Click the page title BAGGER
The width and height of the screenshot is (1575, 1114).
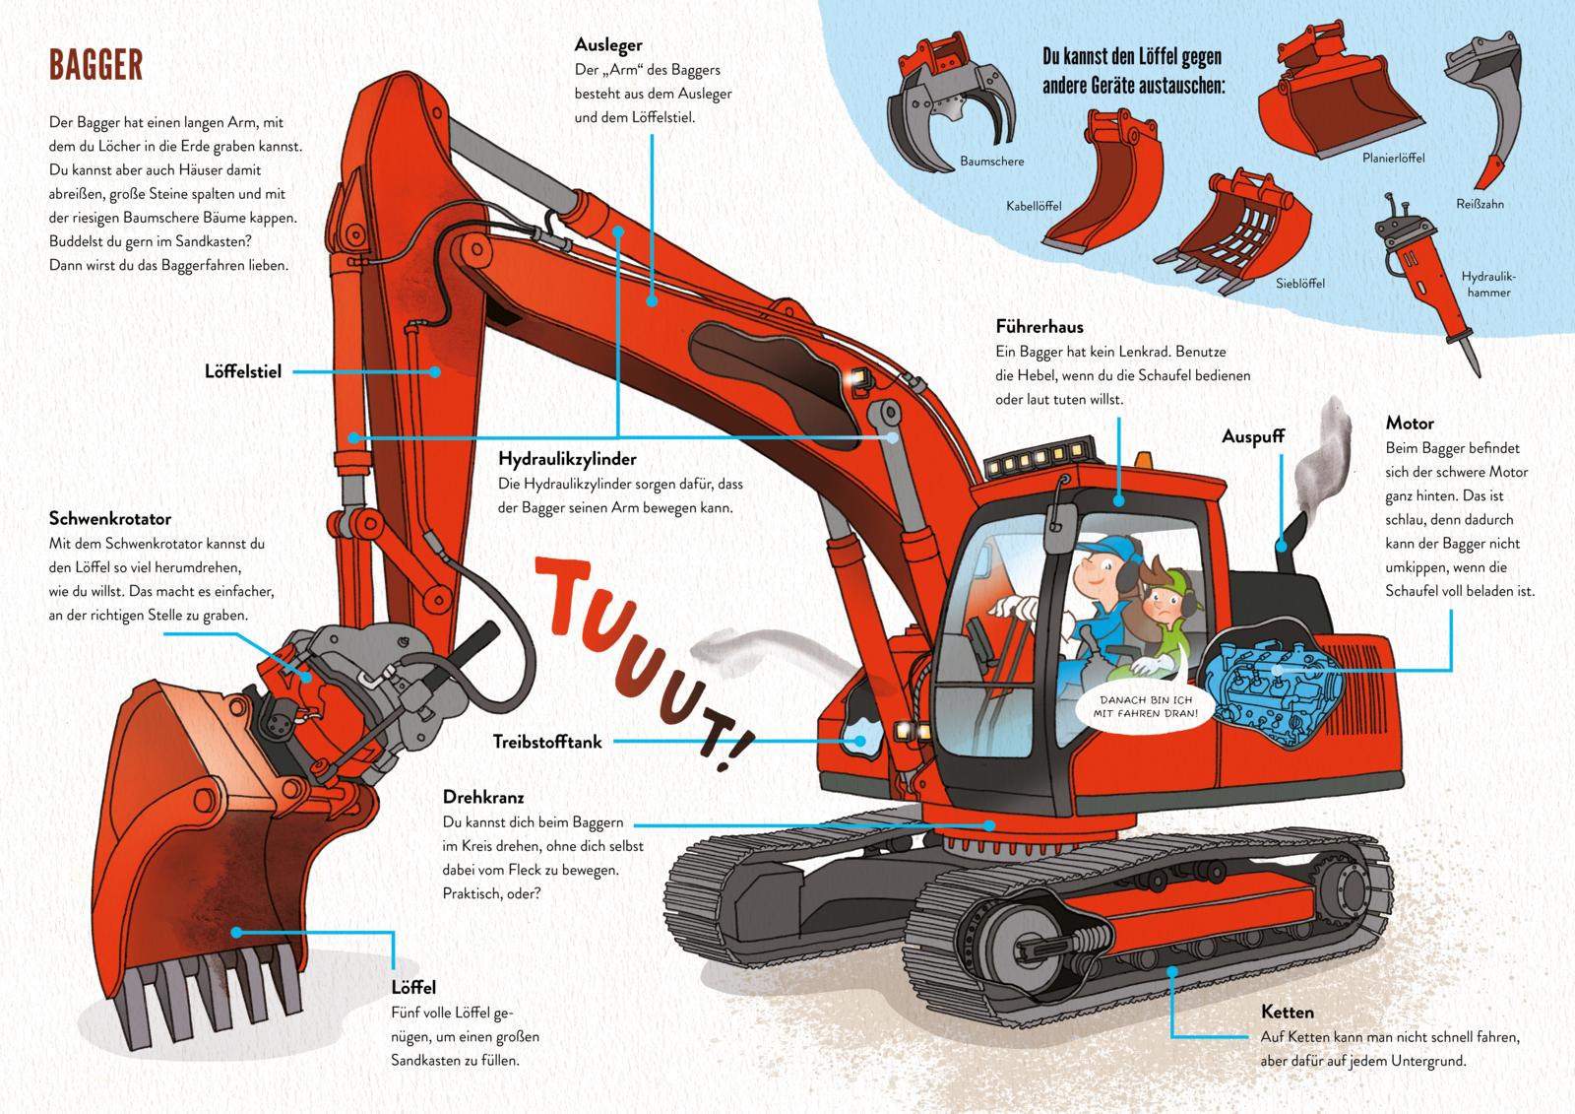coord(96,65)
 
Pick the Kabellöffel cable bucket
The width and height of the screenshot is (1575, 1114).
coord(1107,187)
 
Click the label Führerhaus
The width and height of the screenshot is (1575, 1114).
coord(1039,326)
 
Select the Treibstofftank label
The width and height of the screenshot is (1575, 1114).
coord(547,742)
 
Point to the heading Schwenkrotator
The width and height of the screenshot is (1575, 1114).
coord(110,519)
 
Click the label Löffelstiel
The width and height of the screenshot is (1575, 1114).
coord(243,371)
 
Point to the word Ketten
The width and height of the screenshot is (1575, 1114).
coord(1288,1012)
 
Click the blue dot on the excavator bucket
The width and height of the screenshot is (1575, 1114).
coord(236,930)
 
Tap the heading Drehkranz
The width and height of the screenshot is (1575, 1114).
coord(483,797)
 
